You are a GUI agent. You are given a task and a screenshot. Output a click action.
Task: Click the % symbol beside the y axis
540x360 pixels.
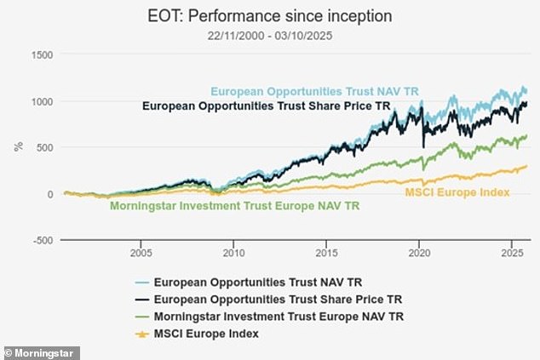[18, 146]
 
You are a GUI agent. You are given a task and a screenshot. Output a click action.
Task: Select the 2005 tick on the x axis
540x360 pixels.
[141, 253]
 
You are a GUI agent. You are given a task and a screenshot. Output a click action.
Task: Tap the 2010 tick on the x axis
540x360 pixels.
[233, 253]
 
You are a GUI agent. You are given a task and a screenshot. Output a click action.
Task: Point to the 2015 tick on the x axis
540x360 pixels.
[326, 253]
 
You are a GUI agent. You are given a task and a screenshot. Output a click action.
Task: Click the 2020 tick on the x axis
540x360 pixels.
[418, 253]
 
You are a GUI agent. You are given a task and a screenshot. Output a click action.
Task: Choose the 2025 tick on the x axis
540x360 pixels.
[510, 253]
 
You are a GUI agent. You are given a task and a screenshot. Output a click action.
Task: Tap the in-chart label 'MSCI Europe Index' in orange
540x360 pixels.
[457, 192]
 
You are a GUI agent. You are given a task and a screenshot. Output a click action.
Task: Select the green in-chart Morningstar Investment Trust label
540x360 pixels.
[235, 206]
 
